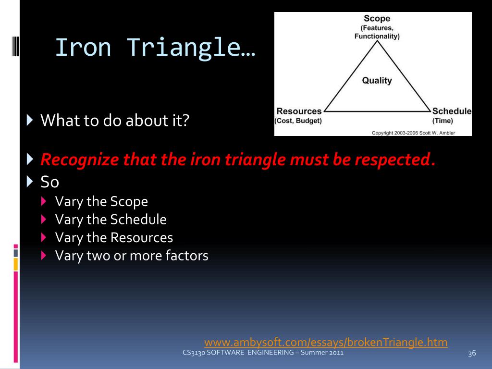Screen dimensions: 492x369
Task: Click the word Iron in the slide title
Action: [83, 47]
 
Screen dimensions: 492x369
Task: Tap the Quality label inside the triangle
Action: [377, 81]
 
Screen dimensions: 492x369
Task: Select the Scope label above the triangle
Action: [377, 19]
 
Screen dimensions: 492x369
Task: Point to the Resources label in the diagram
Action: [299, 111]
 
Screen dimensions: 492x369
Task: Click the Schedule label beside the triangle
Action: [452, 111]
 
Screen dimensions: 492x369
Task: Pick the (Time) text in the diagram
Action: [443, 121]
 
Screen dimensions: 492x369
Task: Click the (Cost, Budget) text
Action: [298, 121]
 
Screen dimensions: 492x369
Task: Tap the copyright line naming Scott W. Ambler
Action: [413, 133]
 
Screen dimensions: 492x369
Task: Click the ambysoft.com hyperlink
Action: [326, 342]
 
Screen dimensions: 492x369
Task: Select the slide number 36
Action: [472, 353]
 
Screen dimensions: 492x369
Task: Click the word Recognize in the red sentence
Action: [80, 160]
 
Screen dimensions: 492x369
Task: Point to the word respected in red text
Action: [395, 160]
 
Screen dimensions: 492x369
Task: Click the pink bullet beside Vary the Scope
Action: [44, 201]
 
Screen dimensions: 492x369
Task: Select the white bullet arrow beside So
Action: [30, 181]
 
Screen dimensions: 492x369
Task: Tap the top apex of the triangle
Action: [377, 41]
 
